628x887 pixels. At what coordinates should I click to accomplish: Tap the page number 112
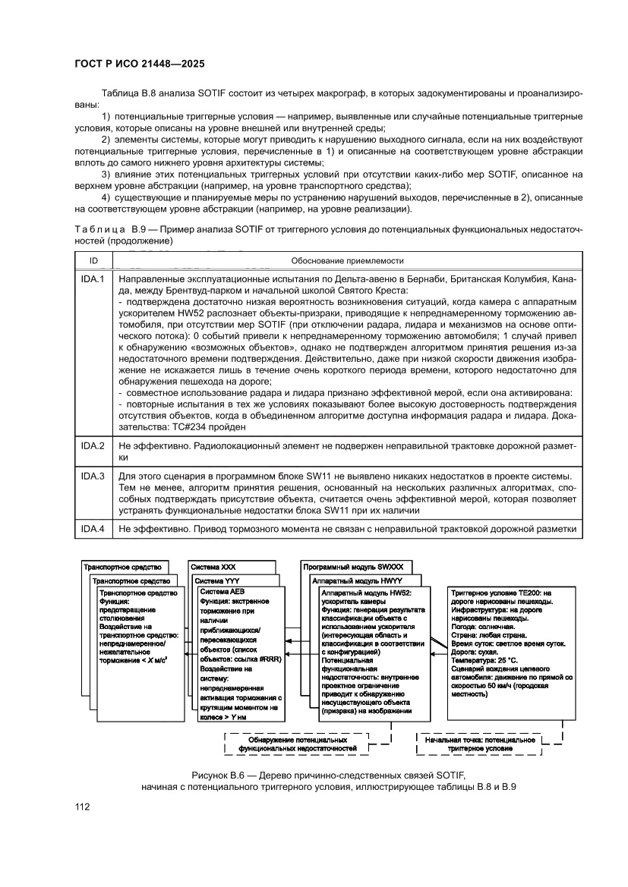pos(82,806)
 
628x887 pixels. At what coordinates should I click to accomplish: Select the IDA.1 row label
pos(93,279)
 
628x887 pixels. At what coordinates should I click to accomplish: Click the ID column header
pos(93,260)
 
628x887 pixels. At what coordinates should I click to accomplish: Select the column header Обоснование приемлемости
pos(348,260)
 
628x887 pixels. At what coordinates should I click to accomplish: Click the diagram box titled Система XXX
pos(214,567)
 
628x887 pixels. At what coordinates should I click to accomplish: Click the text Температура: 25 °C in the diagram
pos(484,661)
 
